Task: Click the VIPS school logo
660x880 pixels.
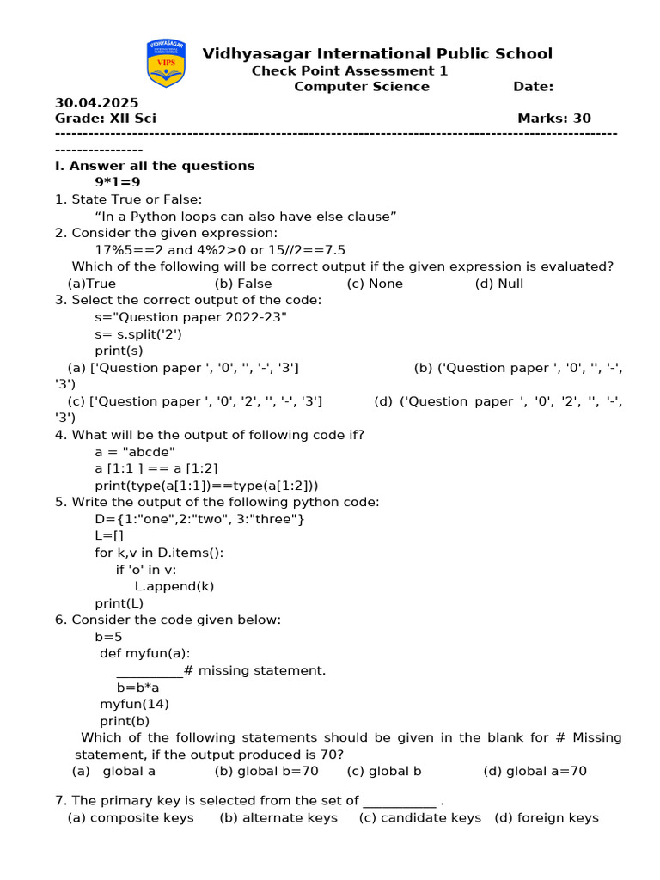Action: coord(166,64)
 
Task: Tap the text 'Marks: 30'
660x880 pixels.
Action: coord(554,119)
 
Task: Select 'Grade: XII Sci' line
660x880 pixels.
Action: coord(106,119)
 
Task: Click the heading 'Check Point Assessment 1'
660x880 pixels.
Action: coord(349,70)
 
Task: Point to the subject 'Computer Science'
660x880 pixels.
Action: coord(362,86)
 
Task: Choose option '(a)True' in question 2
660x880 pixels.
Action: coord(91,284)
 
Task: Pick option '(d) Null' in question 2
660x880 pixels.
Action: coord(498,284)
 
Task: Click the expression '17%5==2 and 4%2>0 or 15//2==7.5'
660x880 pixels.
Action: coord(220,250)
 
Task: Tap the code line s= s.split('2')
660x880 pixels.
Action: coord(138,334)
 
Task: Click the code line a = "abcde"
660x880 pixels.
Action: coord(135,452)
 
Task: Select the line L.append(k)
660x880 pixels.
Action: coord(174,586)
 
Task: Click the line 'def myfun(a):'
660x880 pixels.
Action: coord(145,653)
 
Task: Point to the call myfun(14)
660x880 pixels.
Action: coord(134,704)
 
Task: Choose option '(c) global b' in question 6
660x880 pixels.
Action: coord(384,771)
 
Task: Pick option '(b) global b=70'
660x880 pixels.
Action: coord(266,771)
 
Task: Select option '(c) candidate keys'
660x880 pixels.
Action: coord(420,817)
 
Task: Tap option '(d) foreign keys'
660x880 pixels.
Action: coord(547,817)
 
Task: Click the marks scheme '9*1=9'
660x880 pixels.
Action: coord(118,182)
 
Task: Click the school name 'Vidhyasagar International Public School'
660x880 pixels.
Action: coord(377,54)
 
